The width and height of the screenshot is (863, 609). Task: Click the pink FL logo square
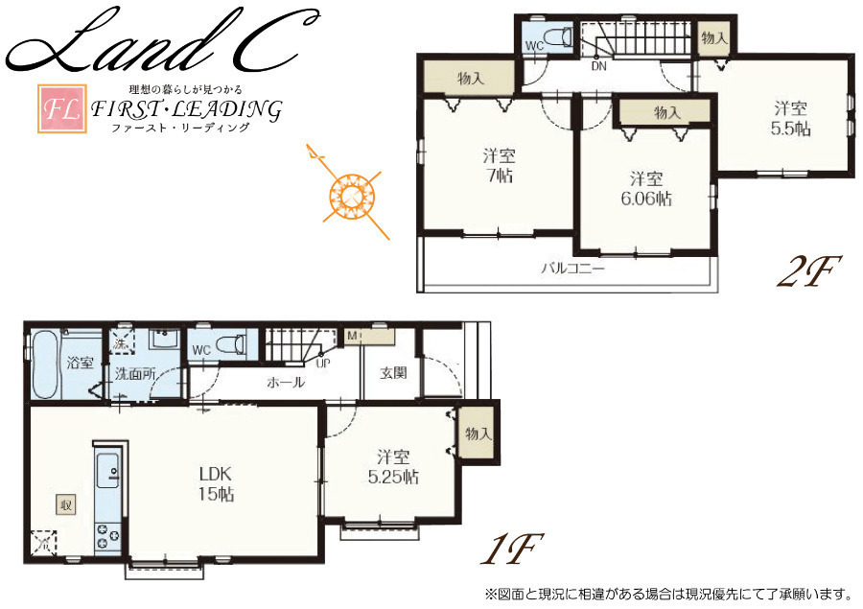(62, 108)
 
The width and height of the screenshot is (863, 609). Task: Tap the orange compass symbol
(348, 194)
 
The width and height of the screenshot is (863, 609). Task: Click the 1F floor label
(512, 549)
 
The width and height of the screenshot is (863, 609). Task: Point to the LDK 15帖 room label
(216, 483)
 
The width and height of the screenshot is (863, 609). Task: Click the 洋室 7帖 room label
(500, 165)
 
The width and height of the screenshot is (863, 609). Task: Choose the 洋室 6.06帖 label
(646, 188)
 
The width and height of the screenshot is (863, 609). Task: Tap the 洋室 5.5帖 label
(790, 118)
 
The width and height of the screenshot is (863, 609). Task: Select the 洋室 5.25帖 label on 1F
(393, 467)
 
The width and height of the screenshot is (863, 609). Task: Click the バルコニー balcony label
(573, 269)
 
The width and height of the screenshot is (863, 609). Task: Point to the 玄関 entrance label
(393, 373)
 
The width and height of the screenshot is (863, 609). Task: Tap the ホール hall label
(286, 382)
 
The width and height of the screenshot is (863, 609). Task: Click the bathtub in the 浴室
(45, 364)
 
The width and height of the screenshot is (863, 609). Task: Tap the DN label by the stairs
(598, 66)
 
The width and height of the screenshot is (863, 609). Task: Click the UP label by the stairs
(323, 363)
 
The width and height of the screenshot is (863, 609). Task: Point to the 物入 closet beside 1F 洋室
(478, 433)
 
